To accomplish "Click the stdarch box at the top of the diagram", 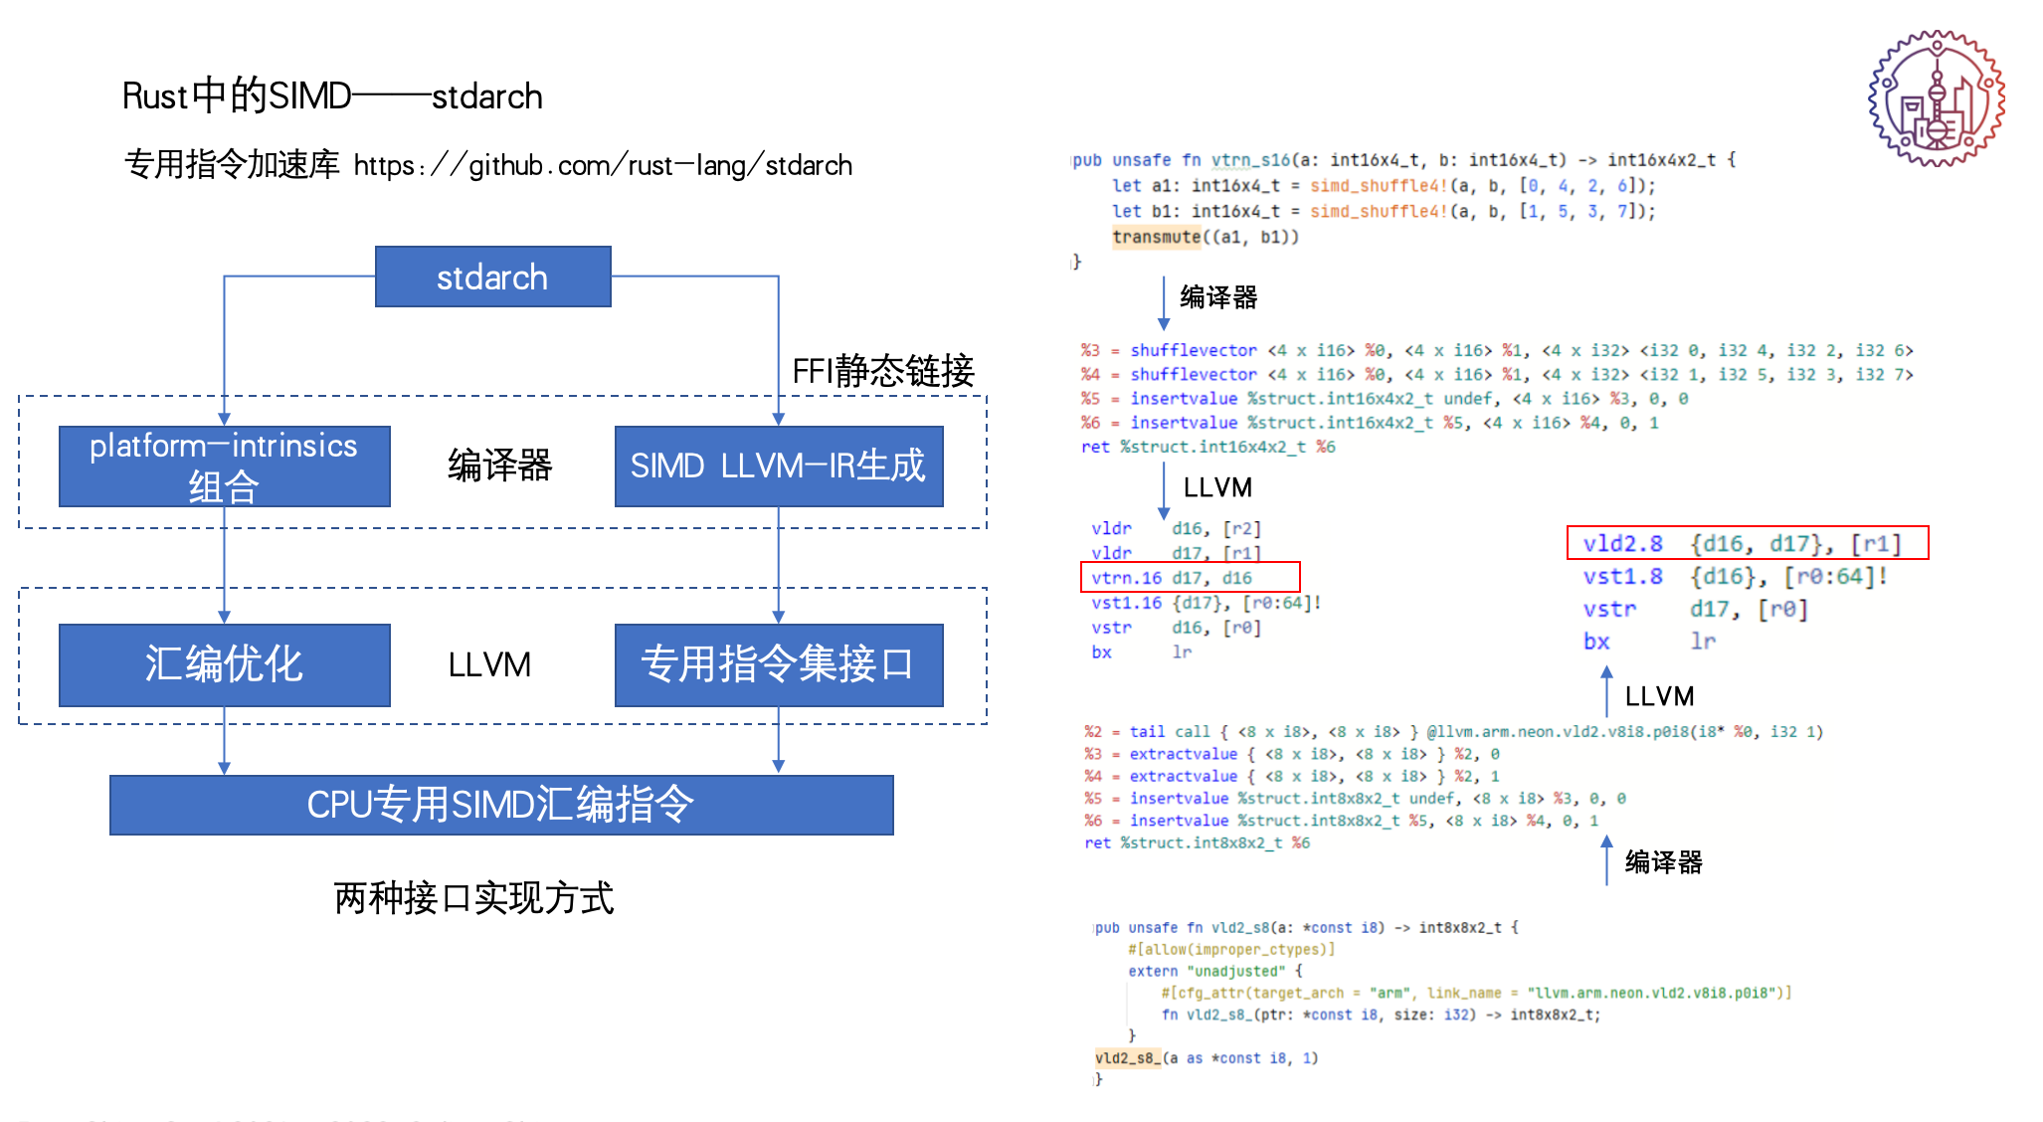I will pyautogui.click(x=492, y=277).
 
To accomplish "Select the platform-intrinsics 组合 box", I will pyautogui.click(x=224, y=467).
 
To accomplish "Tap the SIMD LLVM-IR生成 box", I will pyautogui.click(x=778, y=467).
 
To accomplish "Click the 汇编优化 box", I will pyautogui.click(x=224, y=664).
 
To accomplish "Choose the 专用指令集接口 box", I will pyautogui.click(x=778, y=664).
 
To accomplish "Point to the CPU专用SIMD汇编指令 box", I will pyautogui.click(x=501, y=805).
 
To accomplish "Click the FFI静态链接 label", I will pyautogui.click(x=882, y=371).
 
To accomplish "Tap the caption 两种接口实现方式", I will pyautogui.click(x=473, y=898).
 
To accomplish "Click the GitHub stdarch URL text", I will pyautogui.click(x=603, y=165).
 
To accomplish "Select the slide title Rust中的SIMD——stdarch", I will pyautogui.click(x=332, y=96).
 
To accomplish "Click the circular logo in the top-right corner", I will pyautogui.click(x=1936, y=98).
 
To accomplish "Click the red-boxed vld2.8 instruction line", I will pyautogui.click(x=1747, y=543).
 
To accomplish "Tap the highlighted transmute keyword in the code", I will pyautogui.click(x=1157, y=237).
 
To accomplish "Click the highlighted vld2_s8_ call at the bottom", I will pyautogui.click(x=1128, y=1058).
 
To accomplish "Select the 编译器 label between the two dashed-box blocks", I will pyautogui.click(x=499, y=466).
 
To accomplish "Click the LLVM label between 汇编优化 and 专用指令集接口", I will pyautogui.click(x=489, y=664).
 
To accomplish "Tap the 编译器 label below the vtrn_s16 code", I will pyautogui.click(x=1218, y=297).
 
